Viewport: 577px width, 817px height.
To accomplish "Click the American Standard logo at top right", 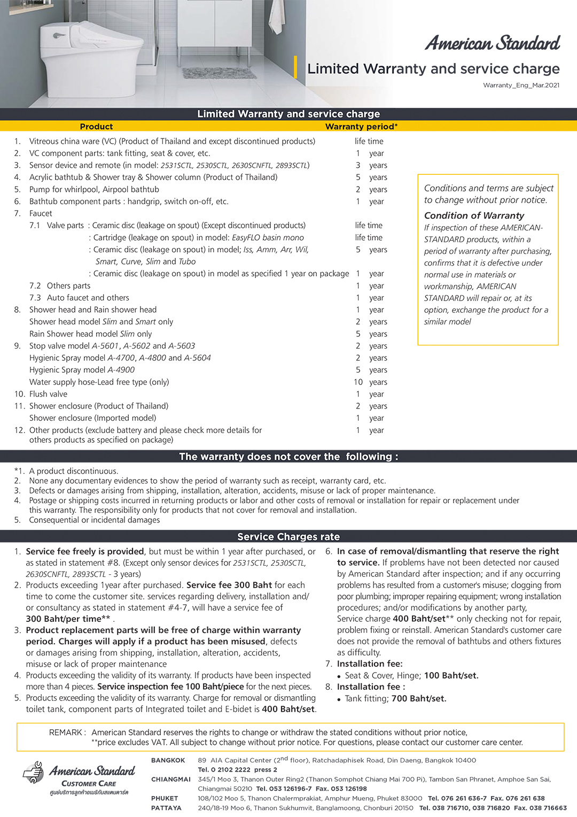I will click(492, 43).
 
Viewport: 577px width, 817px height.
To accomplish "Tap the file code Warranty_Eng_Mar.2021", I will click(521, 86).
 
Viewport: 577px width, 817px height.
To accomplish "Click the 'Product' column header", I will click(96, 127).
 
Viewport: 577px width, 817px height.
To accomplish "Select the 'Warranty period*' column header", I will click(361, 127).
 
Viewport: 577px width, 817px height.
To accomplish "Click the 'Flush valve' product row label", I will click(48, 394).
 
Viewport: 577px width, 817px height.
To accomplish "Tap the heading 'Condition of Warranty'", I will click(474, 215).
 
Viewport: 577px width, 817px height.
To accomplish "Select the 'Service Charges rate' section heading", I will click(288, 537).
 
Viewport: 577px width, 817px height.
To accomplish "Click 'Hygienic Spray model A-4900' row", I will click(82, 370).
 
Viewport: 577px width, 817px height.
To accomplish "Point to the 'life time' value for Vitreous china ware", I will click(369, 141).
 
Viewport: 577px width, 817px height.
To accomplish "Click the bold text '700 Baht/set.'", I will click(419, 698).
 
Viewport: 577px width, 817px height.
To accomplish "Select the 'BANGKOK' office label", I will click(168, 760).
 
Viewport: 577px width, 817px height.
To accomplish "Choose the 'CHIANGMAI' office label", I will click(170, 780).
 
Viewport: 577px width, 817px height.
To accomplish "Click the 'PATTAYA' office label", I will click(166, 808).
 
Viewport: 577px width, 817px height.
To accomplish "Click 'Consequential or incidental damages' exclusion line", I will click(95, 520).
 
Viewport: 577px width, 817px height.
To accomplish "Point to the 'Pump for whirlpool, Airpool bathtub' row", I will click(94, 189).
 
